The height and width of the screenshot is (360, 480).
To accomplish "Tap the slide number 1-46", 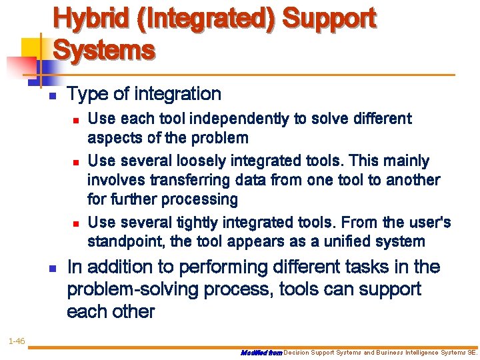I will tap(17, 341).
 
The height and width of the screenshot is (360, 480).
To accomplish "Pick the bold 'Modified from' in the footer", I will tap(261, 351).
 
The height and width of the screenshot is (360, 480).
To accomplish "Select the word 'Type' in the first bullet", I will tap(83, 95).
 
